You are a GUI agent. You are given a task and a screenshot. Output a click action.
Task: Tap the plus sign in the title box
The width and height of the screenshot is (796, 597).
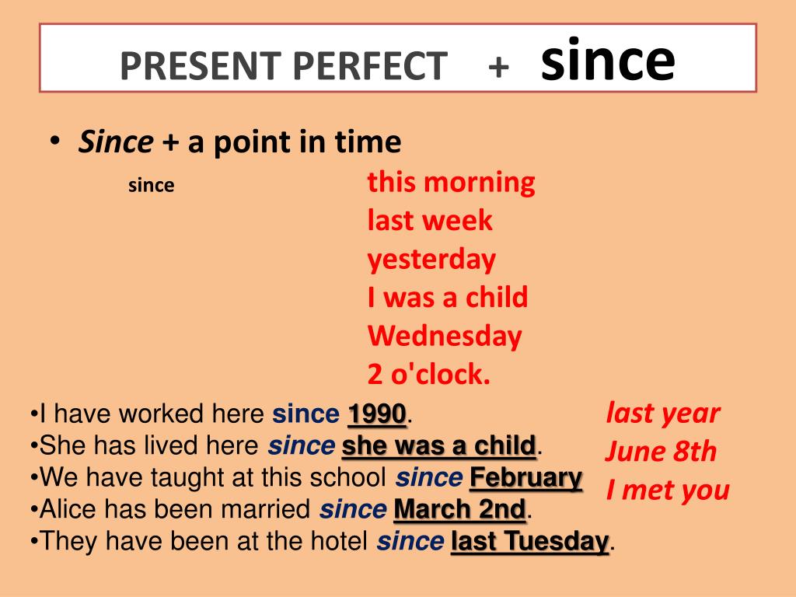click(499, 66)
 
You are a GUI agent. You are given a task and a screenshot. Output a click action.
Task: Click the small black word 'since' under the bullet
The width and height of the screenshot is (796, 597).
click(151, 187)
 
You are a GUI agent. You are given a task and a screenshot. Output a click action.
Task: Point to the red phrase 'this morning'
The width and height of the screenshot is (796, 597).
click(451, 183)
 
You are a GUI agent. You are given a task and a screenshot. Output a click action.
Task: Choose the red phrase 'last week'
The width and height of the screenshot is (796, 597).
click(430, 221)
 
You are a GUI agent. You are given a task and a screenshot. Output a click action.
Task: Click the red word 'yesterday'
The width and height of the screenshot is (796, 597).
click(431, 260)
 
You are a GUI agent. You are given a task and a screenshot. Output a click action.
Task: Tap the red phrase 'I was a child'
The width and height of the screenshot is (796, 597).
click(448, 297)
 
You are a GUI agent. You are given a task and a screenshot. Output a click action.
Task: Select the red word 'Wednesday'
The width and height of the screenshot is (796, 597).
click(445, 336)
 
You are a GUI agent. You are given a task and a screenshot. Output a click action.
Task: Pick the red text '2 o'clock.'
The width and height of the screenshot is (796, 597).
click(429, 375)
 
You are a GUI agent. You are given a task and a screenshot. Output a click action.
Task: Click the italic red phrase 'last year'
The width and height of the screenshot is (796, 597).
click(662, 413)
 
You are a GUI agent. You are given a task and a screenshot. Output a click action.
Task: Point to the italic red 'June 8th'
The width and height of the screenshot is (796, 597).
click(660, 452)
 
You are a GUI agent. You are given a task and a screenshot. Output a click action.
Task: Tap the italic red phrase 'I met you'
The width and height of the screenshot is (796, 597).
click(668, 491)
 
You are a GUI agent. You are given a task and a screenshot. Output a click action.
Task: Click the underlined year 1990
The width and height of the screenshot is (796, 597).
click(377, 414)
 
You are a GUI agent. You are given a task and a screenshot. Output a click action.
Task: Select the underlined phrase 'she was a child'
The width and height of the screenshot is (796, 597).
click(439, 446)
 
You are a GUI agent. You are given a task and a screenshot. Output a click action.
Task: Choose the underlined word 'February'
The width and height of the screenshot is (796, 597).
click(526, 477)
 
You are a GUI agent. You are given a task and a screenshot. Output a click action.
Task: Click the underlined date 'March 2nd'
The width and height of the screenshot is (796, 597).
click(460, 510)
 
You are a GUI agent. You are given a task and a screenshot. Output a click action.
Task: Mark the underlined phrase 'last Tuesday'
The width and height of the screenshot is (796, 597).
click(530, 541)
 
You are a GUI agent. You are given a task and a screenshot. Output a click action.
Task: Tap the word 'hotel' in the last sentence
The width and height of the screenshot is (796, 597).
click(339, 541)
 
